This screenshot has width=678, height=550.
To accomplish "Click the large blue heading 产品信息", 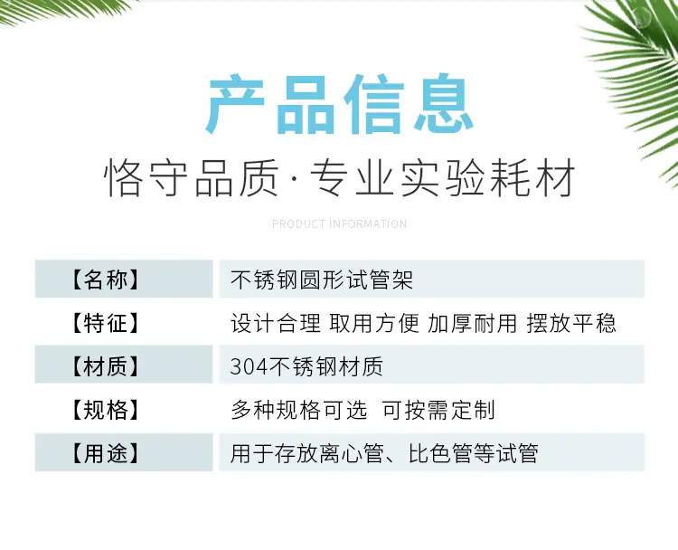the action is pyautogui.click(x=339, y=104).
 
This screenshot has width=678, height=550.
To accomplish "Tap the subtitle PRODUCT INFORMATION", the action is pyautogui.click(x=339, y=224).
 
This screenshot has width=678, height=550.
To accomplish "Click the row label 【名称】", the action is pyautogui.click(x=105, y=280).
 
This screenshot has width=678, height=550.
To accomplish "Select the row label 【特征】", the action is pyautogui.click(x=105, y=323).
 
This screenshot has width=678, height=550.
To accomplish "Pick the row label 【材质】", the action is pyautogui.click(x=105, y=367).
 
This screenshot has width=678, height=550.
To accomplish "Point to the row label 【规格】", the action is pyautogui.click(x=105, y=410).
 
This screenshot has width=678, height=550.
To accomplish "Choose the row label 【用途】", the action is pyautogui.click(x=105, y=454).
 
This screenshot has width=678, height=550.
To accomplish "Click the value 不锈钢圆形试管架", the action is pyautogui.click(x=322, y=280).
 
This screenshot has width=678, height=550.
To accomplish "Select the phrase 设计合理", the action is pyautogui.click(x=276, y=323).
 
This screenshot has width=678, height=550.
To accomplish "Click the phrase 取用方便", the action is pyautogui.click(x=374, y=323).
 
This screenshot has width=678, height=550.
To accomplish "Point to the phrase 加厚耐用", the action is pyautogui.click(x=472, y=323).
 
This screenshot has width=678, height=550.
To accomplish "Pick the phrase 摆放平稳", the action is pyautogui.click(x=571, y=323).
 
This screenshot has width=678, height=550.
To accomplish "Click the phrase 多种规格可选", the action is pyautogui.click(x=299, y=410).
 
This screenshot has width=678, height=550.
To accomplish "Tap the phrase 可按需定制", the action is pyautogui.click(x=438, y=410).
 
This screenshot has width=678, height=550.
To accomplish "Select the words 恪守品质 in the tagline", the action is pyautogui.click(x=191, y=178).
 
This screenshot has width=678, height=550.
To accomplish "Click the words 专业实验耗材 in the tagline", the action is pyautogui.click(x=443, y=178).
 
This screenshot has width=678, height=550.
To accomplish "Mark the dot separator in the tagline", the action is pyautogui.click(x=295, y=178).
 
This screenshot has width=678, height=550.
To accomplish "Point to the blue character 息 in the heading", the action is pyautogui.click(x=444, y=104).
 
